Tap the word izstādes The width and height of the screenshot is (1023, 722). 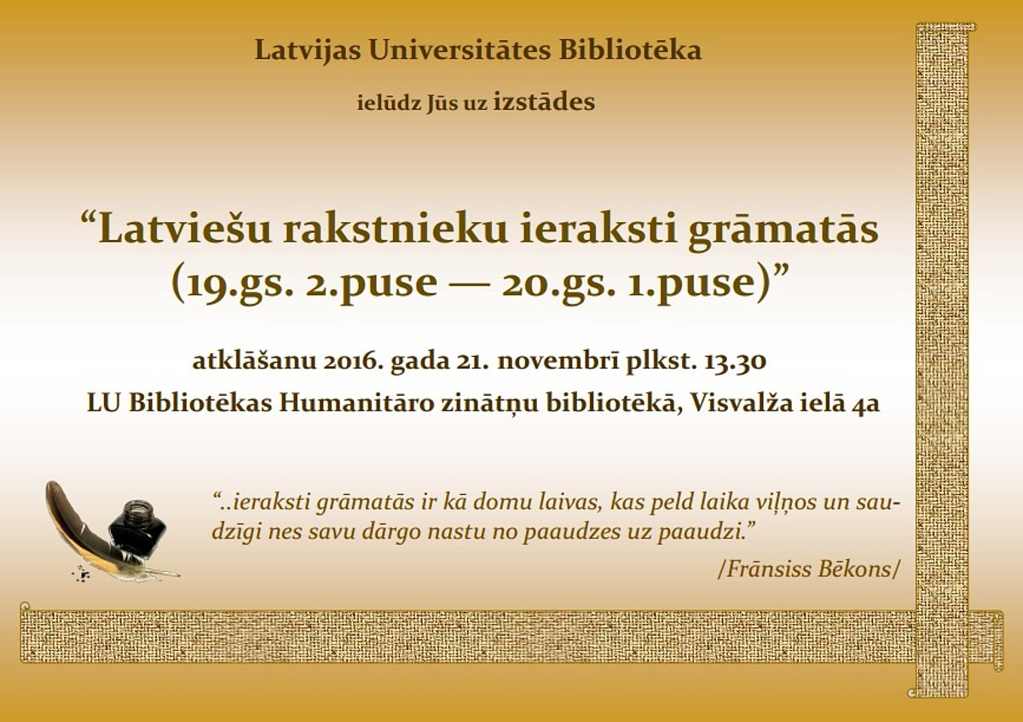(544, 102)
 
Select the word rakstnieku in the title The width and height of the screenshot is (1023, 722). (395, 229)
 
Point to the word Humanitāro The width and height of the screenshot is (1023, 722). (356, 404)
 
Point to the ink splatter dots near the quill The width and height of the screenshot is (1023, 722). (81, 574)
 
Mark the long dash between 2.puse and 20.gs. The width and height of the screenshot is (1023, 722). (470, 282)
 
